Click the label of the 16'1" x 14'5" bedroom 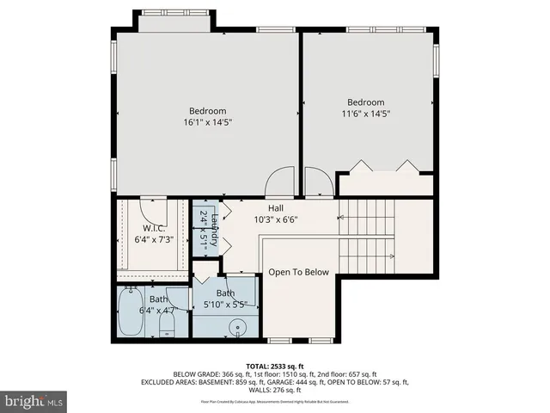207,110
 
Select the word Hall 276,208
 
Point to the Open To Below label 298,272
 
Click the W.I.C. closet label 142,228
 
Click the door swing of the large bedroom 279,182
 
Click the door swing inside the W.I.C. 155,208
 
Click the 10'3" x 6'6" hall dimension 276,219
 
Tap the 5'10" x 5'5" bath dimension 226,303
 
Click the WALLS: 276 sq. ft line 274,390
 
